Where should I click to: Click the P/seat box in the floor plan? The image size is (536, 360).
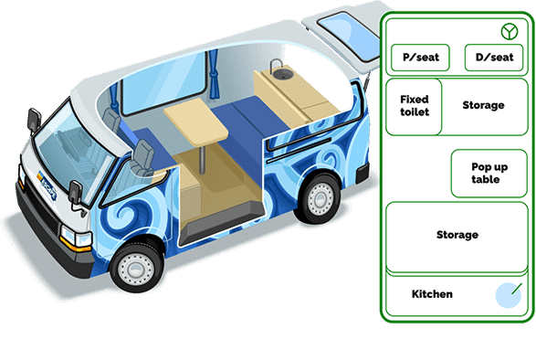(x=419, y=58)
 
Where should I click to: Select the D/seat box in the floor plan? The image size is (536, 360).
(x=493, y=58)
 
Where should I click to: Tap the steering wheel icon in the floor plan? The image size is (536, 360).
(x=509, y=31)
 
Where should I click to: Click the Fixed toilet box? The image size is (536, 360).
(x=414, y=106)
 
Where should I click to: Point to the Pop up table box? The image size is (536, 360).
(x=489, y=173)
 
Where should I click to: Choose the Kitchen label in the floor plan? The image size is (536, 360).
(x=432, y=294)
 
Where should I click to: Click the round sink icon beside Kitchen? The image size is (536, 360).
(x=508, y=294)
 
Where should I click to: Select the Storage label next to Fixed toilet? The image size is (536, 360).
(x=483, y=105)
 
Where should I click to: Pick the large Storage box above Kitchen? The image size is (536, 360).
(x=457, y=236)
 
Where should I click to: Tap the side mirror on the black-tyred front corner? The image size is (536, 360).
(x=75, y=194)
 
